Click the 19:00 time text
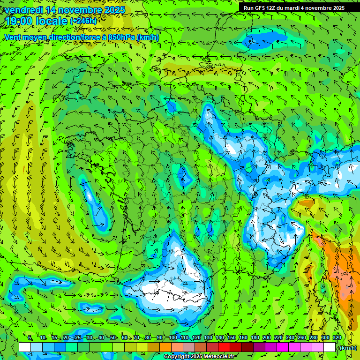tap(20, 21)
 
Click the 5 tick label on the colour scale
tap(30, 337)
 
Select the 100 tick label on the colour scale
tap(172, 337)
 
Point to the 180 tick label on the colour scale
tap(255, 337)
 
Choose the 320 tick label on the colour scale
tap(337, 337)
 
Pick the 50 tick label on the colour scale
tap(113, 337)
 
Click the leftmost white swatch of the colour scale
tap(25, 347)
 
